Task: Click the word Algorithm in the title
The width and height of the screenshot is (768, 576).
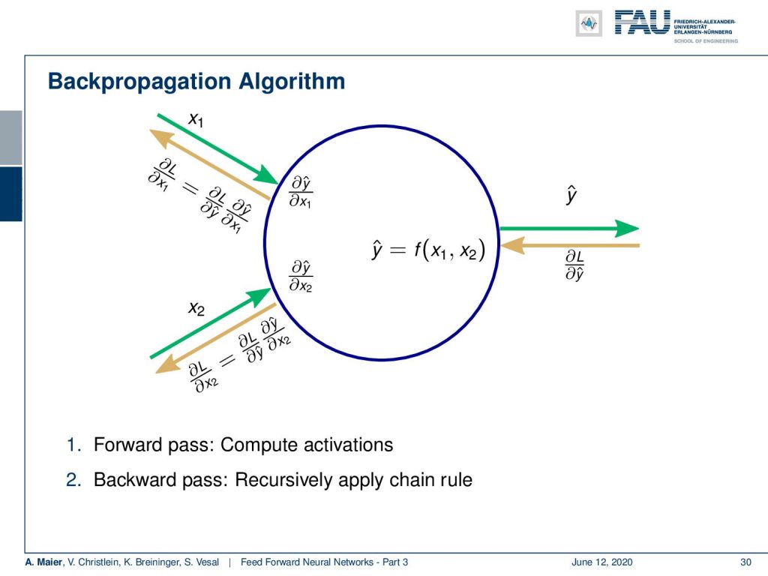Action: point(292,81)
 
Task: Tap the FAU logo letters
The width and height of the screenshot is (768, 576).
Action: point(642,22)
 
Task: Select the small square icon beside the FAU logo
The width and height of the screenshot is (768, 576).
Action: point(589,23)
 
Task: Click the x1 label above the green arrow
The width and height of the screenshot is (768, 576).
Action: point(196,119)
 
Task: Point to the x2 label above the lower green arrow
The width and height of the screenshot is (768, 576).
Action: point(196,308)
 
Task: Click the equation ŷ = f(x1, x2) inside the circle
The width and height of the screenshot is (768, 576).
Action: point(428,250)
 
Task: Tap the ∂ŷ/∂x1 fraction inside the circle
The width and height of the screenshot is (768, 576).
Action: point(301,192)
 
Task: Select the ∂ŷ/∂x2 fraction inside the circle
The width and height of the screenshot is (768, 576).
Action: point(301,276)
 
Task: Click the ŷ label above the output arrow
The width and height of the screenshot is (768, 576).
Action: point(571,194)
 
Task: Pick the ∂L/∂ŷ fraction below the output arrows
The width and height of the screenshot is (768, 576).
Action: point(574,265)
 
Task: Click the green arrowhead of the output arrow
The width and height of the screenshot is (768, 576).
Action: point(627,228)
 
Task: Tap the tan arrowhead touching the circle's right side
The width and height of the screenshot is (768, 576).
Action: point(512,245)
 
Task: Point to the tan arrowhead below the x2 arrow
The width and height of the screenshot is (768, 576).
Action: point(166,364)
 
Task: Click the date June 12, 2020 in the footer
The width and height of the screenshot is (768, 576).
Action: point(601,562)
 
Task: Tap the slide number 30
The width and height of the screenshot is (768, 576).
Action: point(745,562)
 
